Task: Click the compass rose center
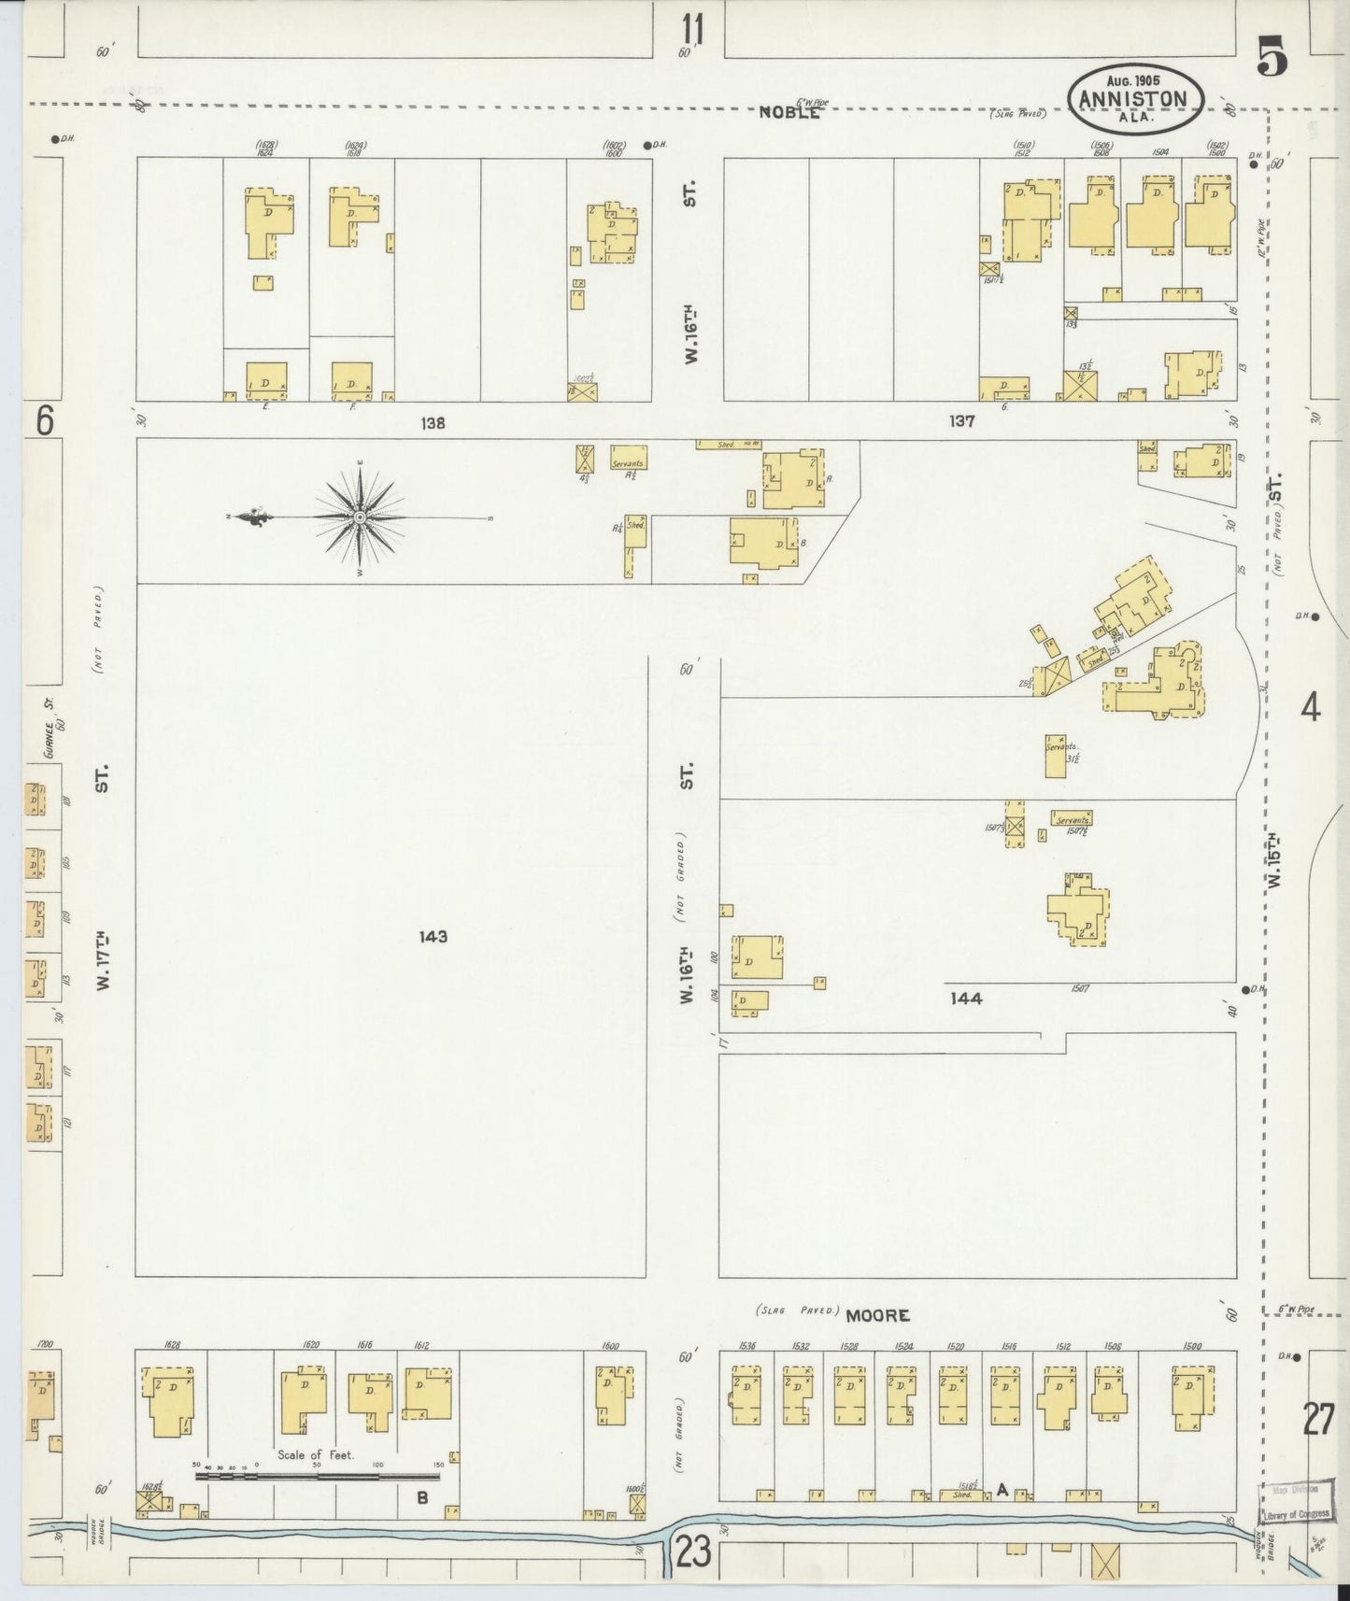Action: (x=360, y=516)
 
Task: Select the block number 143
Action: (x=433, y=936)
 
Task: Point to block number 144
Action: (x=966, y=999)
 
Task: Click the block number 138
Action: (x=433, y=422)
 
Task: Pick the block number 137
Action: (x=961, y=421)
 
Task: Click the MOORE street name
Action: (x=877, y=1314)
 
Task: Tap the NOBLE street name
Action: (x=789, y=112)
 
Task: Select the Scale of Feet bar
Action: (x=318, y=1477)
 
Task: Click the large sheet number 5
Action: (x=1272, y=60)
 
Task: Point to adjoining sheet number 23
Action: (x=692, y=1555)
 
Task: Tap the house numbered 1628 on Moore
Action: (x=168, y=1399)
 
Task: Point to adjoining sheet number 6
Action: (x=43, y=422)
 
